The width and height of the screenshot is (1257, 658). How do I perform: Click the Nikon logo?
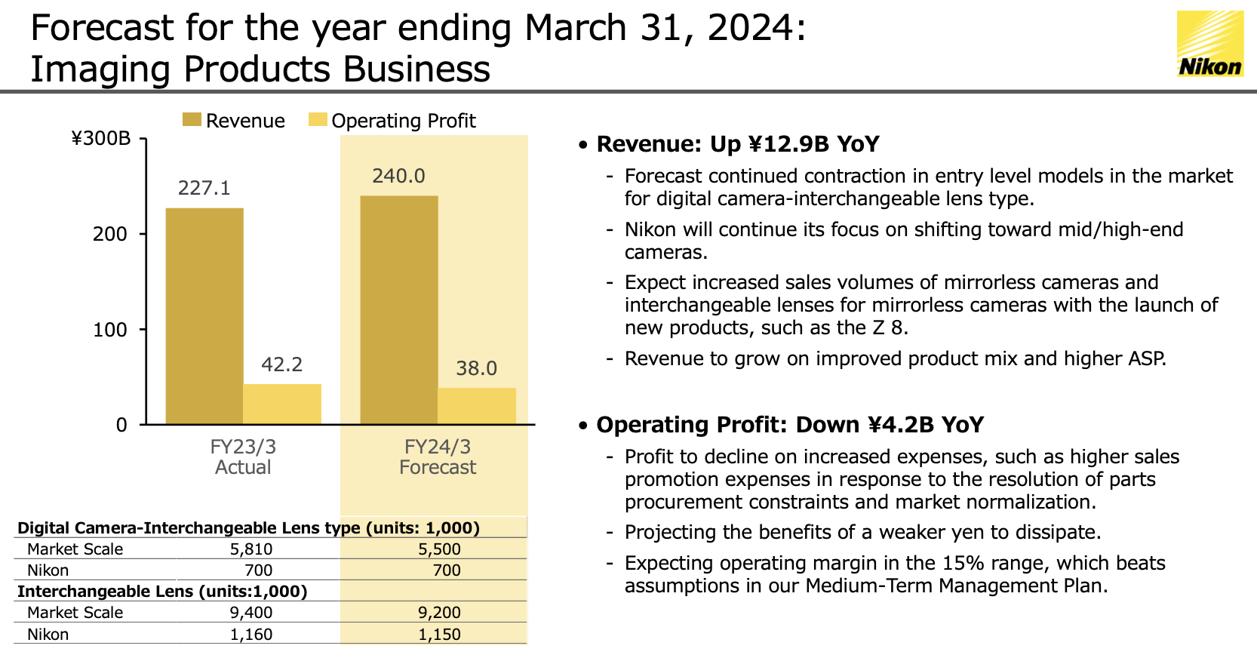click(x=1209, y=44)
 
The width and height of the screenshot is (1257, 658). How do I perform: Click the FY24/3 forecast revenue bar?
click(x=399, y=309)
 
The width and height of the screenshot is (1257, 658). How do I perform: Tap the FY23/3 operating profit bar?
click(x=282, y=404)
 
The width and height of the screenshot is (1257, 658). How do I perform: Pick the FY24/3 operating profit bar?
click(x=477, y=406)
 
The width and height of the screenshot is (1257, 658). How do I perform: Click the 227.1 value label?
click(x=204, y=188)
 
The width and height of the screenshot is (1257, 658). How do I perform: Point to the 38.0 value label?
click(x=476, y=368)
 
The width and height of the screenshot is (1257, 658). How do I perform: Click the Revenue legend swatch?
click(x=192, y=120)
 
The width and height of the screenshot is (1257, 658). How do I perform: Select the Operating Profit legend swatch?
click(x=318, y=120)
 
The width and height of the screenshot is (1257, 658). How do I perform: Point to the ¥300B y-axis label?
click(x=101, y=139)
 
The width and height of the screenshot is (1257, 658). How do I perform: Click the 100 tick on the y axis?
click(x=110, y=330)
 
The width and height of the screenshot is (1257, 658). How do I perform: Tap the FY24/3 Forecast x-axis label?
click(x=438, y=457)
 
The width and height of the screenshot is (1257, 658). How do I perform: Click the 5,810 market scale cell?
click(x=251, y=549)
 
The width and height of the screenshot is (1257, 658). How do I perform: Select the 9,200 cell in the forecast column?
click(x=439, y=613)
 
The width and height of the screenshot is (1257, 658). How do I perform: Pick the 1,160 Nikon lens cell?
click(x=251, y=635)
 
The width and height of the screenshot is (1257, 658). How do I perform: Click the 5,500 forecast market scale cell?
click(x=439, y=549)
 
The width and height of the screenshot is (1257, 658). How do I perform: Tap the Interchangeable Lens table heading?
click(x=162, y=592)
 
